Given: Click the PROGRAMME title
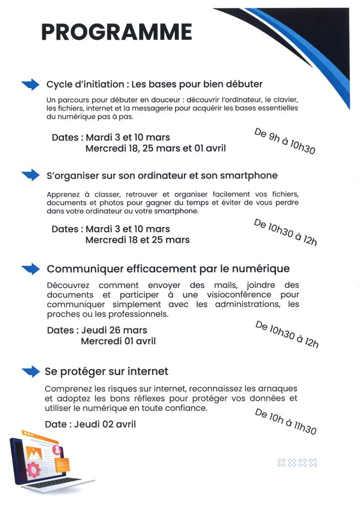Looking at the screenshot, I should [x=117, y=32].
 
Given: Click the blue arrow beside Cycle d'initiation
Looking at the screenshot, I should [x=30, y=84].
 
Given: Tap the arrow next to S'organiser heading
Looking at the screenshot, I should [x=30, y=175].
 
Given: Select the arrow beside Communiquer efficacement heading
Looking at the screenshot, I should [x=30, y=268].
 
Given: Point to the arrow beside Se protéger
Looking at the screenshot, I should [x=30, y=371].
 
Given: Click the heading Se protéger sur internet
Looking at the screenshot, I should [x=106, y=371].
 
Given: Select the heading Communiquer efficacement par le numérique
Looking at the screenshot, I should [x=168, y=268].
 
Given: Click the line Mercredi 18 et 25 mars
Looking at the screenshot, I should [x=137, y=240].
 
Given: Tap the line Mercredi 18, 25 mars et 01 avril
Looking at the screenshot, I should [x=155, y=149].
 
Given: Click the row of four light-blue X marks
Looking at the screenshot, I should [x=297, y=462].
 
